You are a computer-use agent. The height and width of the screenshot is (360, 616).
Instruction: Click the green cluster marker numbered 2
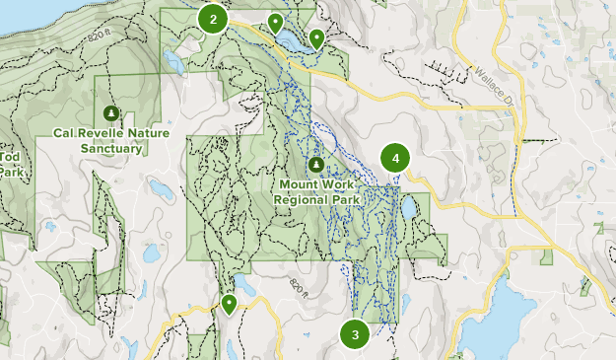click(x=213, y=19)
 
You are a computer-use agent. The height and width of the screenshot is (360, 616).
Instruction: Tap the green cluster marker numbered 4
click(x=395, y=158)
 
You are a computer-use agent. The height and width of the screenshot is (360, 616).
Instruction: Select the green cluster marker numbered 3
click(x=355, y=334)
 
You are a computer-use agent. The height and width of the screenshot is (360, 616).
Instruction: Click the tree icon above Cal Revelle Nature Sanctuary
click(x=110, y=112)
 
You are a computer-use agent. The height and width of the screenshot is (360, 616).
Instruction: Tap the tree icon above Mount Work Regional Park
click(x=315, y=165)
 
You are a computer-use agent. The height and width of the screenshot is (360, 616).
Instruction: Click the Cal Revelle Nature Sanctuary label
click(x=111, y=140)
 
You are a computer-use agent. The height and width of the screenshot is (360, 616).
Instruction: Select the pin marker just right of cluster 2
click(x=276, y=21)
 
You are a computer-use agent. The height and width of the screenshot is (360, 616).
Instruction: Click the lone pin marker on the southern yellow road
click(x=229, y=304)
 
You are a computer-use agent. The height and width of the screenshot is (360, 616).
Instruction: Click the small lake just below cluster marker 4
click(x=408, y=208)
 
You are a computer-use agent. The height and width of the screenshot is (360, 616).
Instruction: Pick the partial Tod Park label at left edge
click(x=9, y=164)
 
